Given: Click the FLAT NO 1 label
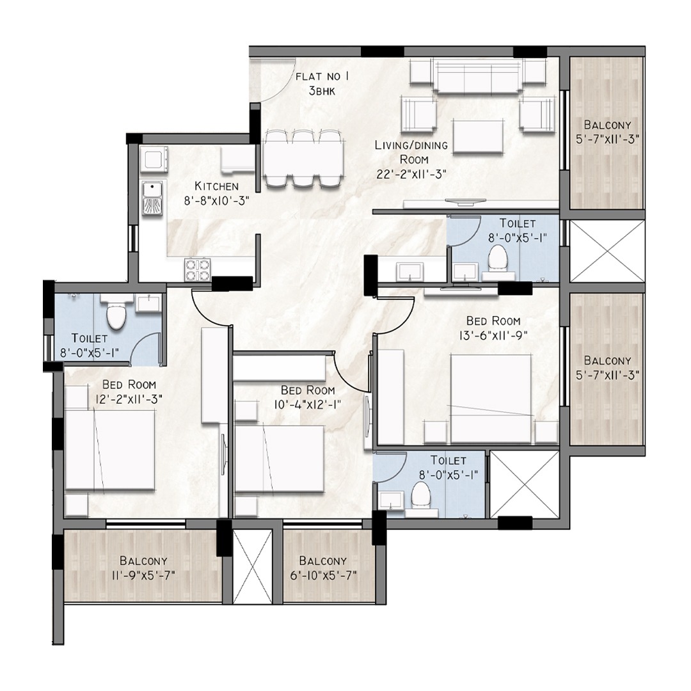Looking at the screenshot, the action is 322,77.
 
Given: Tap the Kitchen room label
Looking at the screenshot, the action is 217,186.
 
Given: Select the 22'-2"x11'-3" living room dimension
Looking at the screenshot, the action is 411,174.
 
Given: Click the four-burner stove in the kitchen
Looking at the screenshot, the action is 197,269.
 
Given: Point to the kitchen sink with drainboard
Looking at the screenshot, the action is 152,198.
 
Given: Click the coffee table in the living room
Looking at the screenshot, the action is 479,137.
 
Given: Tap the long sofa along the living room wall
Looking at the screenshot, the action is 478,76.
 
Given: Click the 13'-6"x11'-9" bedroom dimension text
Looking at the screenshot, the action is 493,335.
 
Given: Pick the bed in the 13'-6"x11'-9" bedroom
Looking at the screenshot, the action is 491,399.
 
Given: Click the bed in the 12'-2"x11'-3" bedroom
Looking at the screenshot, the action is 110,450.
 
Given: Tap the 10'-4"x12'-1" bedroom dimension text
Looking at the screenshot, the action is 308,404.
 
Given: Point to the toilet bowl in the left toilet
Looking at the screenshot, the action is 117,315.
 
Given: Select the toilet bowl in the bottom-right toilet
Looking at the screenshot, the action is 420,495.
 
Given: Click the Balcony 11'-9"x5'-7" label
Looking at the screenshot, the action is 143,568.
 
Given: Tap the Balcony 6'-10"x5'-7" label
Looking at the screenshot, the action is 322,568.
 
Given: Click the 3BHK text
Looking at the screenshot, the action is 322,91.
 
